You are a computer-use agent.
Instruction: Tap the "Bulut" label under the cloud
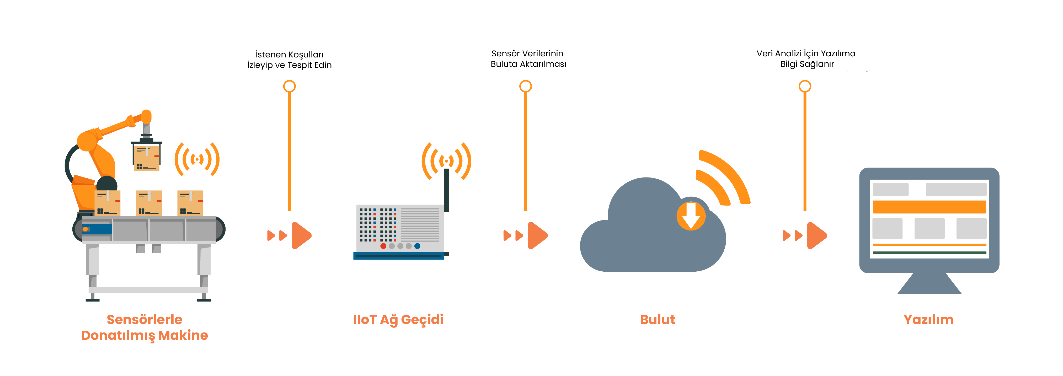657,319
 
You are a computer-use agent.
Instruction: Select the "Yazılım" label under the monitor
928,319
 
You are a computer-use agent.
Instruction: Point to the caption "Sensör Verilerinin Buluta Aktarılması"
528,59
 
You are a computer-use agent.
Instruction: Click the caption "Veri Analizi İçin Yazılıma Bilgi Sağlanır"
806,59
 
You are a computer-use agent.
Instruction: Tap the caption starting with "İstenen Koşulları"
289,60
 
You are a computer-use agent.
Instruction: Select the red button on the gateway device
383,246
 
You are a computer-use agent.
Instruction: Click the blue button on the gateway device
417,246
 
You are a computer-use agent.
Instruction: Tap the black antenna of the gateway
446,190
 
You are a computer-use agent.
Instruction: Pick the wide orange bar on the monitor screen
929,207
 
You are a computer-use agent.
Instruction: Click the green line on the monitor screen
929,253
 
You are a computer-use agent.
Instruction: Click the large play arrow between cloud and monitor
817,236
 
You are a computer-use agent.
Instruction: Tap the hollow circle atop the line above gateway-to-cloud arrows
525,86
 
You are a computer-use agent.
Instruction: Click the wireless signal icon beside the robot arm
197,159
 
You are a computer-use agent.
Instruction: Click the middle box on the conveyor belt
149,203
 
